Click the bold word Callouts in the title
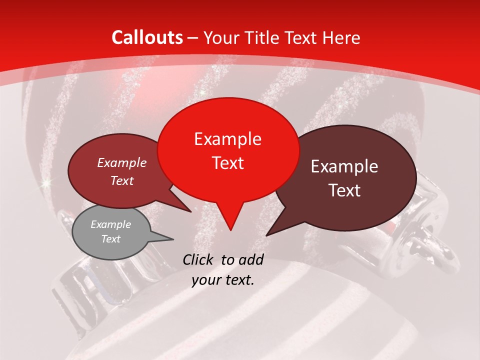[x=147, y=37]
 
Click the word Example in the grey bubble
[x=110, y=224]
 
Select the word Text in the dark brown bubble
[x=344, y=190]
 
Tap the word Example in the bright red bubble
[x=227, y=139]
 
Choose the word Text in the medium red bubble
[x=122, y=180]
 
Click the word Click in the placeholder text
[x=198, y=259]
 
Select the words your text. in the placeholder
[x=223, y=279]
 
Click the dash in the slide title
[x=193, y=38]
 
